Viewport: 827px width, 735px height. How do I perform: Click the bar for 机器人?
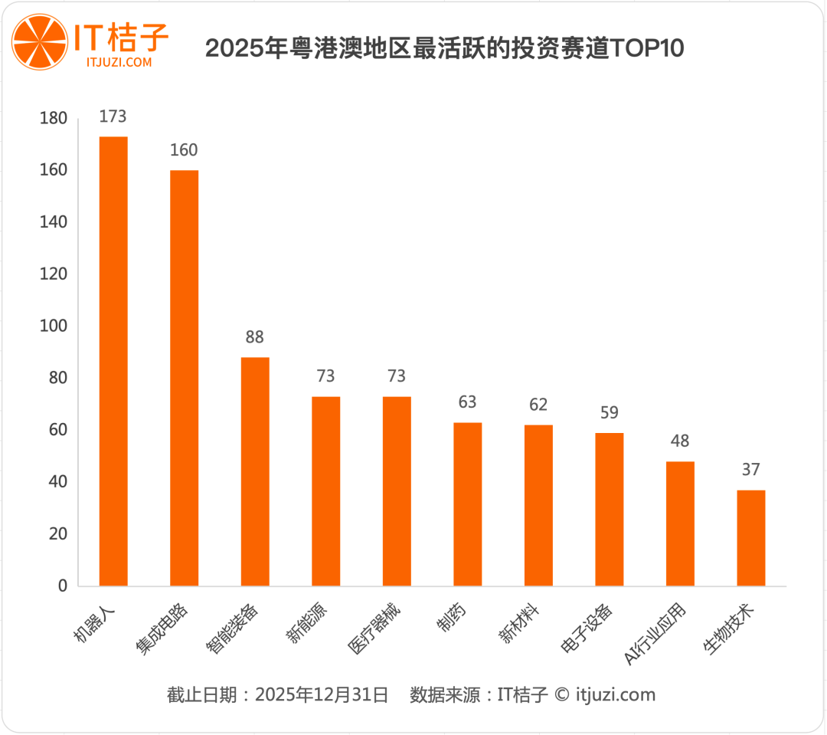pyautogui.click(x=113, y=361)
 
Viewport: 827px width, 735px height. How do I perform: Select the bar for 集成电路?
pyautogui.click(x=185, y=378)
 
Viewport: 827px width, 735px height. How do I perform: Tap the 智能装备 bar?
pyautogui.click(x=255, y=471)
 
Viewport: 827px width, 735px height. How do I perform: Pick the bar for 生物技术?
pyautogui.click(x=751, y=538)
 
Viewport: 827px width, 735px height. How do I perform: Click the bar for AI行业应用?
pyautogui.click(x=680, y=523)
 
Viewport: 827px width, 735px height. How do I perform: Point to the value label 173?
pyautogui.click(x=113, y=116)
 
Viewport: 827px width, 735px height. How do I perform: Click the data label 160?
pyautogui.click(x=184, y=150)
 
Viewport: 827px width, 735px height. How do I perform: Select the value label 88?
pyautogui.click(x=255, y=337)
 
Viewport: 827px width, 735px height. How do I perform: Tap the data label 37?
pyautogui.click(x=751, y=470)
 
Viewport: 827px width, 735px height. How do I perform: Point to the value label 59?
pyautogui.click(x=610, y=412)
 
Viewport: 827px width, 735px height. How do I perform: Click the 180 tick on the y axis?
pyautogui.click(x=54, y=118)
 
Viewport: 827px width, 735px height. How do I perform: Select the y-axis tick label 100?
pyautogui.click(x=54, y=326)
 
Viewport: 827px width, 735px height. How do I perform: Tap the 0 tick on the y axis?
pyautogui.click(x=62, y=586)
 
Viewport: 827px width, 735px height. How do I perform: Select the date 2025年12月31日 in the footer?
pyautogui.click(x=322, y=695)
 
